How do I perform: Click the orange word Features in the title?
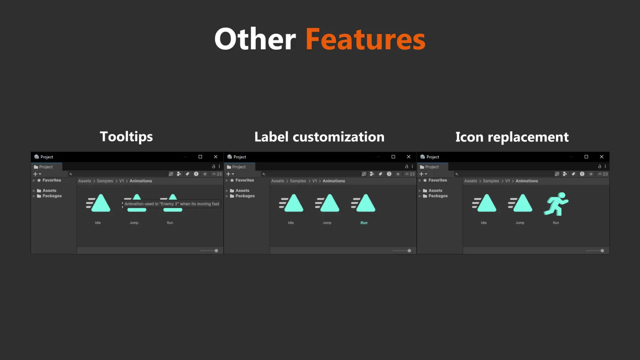(x=365, y=39)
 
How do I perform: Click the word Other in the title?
(x=255, y=39)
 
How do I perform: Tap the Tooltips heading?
(x=126, y=137)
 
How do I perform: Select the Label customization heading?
(x=319, y=137)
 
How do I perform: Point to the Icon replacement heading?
(x=512, y=137)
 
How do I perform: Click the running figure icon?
(x=556, y=204)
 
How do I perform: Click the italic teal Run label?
(x=364, y=223)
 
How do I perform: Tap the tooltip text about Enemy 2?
(x=172, y=204)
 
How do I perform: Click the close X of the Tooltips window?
(x=215, y=157)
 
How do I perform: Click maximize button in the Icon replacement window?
(x=586, y=157)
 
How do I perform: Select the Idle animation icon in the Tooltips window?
(x=98, y=203)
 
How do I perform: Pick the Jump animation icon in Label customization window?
(x=327, y=203)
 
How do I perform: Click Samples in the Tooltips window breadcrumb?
(x=105, y=181)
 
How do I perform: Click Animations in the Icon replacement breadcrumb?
(x=527, y=181)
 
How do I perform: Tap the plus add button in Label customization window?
(x=228, y=174)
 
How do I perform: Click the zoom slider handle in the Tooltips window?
(x=216, y=251)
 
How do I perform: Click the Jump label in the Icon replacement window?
(x=520, y=223)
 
